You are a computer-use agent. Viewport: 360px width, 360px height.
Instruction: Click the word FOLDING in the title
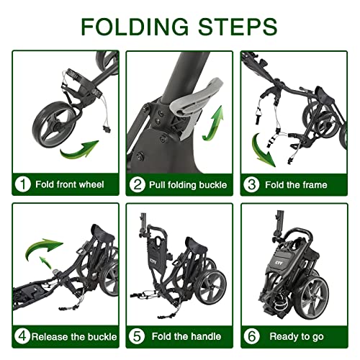pyautogui.click(x=135, y=27)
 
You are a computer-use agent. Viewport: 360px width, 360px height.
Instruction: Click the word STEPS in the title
pyautogui.click(x=238, y=27)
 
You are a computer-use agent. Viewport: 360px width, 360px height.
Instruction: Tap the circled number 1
pyautogui.click(x=22, y=184)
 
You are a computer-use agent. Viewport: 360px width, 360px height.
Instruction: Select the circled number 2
pyautogui.click(x=137, y=185)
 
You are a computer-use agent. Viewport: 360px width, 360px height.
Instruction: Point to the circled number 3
pyautogui.click(x=251, y=185)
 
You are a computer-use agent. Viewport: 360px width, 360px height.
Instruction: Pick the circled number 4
pyautogui.click(x=22, y=336)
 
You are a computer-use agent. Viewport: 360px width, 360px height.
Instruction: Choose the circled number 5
pyautogui.click(x=137, y=336)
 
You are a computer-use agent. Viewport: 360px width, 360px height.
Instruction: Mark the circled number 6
pyautogui.click(x=251, y=336)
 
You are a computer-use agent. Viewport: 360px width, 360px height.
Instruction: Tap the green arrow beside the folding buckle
pyautogui.click(x=213, y=125)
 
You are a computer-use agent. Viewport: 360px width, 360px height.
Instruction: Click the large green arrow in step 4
pyautogui.click(x=42, y=246)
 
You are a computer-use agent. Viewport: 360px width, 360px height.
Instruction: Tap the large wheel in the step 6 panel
pyautogui.click(x=312, y=297)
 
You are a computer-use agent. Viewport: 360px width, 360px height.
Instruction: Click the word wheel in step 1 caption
pyautogui.click(x=91, y=184)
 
